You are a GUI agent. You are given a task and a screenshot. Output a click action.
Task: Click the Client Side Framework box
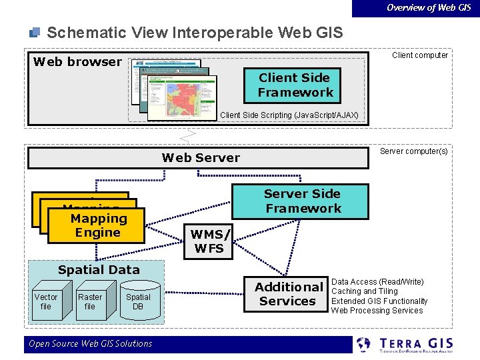point(295,85)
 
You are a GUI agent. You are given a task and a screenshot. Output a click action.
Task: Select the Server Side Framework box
point(302,201)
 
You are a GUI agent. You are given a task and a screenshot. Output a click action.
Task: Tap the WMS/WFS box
point(209,241)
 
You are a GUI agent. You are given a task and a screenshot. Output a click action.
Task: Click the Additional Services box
point(288,294)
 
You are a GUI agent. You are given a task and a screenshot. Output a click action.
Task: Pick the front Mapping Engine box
point(99,225)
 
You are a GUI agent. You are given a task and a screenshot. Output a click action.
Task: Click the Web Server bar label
point(201,158)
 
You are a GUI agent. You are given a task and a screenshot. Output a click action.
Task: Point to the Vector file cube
point(47,303)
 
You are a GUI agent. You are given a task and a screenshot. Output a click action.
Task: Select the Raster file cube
point(90,303)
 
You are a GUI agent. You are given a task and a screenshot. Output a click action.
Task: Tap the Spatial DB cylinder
point(138,303)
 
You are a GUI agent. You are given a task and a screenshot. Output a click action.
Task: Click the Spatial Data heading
point(99,270)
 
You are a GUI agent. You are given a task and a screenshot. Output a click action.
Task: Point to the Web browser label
point(77,62)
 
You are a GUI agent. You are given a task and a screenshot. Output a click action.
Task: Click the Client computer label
point(420,55)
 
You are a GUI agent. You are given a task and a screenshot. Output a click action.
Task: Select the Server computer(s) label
point(413,151)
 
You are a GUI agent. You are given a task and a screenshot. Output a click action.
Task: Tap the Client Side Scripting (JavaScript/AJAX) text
point(289,115)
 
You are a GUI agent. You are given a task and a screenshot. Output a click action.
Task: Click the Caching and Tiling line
point(364,291)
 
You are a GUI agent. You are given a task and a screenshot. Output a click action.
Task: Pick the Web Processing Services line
point(377,310)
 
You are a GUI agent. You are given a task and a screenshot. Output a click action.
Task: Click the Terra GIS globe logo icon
point(364,345)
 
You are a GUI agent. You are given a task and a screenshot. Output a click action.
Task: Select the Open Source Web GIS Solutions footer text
point(90,344)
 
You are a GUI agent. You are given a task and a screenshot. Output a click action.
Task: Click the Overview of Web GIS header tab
point(429,7)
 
